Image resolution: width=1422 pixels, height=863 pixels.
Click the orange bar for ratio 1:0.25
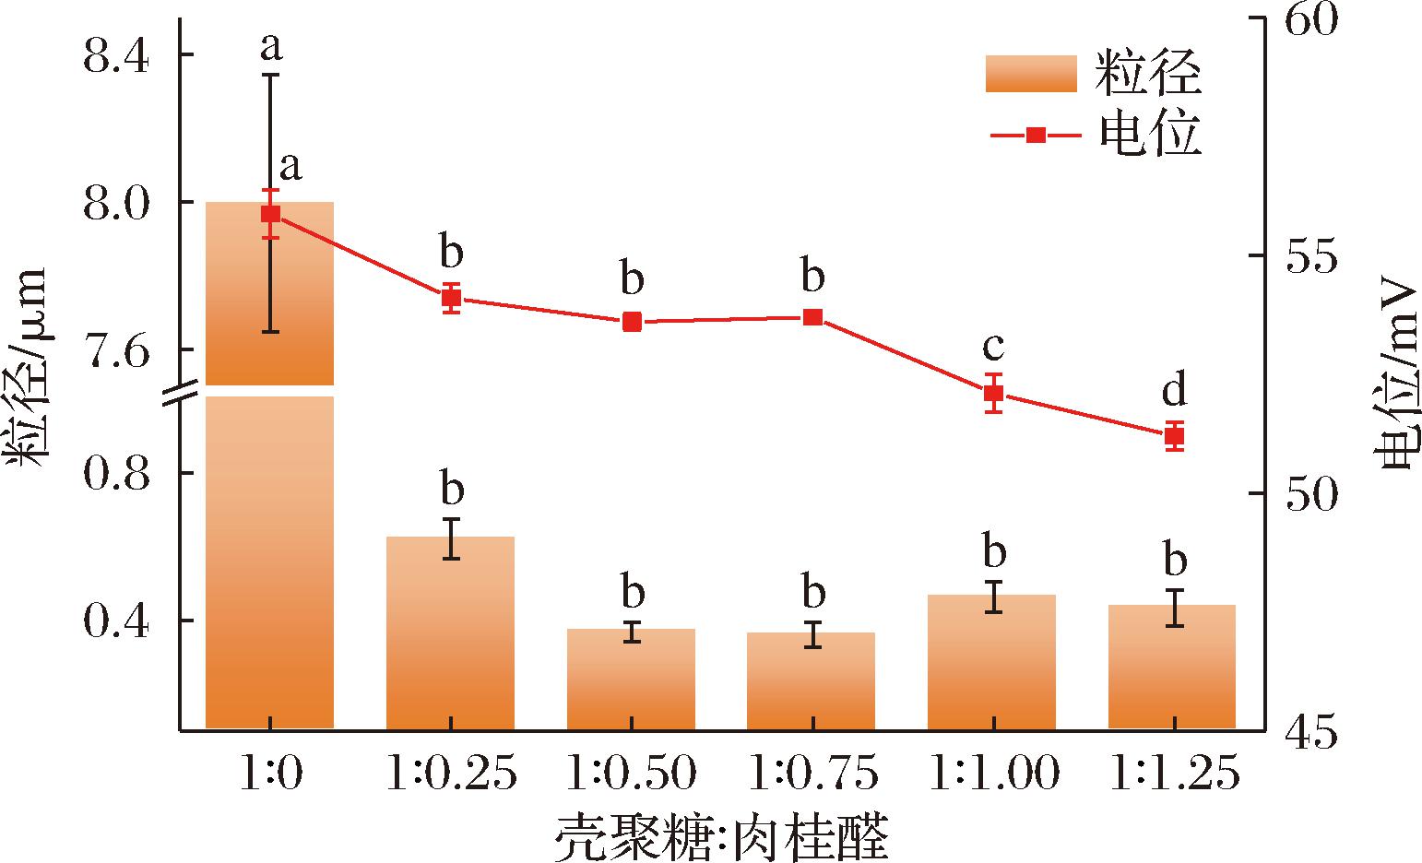tap(451, 632)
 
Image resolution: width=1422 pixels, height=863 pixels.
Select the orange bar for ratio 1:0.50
tap(631, 679)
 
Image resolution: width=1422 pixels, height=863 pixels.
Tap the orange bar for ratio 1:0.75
tap(812, 680)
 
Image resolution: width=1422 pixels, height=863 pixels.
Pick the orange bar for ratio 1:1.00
tap(991, 662)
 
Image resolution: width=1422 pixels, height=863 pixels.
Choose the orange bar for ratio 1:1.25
tap(1172, 667)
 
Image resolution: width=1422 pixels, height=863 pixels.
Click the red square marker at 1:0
tap(271, 214)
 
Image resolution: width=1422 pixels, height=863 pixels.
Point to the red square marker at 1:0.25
tap(451, 298)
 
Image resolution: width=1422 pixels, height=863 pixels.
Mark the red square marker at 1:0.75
tap(813, 317)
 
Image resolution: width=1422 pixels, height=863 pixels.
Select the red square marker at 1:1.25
tap(1175, 436)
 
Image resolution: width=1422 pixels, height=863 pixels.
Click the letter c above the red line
tap(993, 347)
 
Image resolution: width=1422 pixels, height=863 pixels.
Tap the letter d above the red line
tap(1175, 388)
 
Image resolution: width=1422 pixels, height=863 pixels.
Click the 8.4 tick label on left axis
tap(115, 56)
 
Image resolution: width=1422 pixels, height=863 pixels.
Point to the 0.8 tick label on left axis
tap(115, 474)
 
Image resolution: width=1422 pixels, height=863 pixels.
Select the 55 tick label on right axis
tap(1311, 256)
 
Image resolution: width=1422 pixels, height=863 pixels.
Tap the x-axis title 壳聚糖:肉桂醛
tap(722, 837)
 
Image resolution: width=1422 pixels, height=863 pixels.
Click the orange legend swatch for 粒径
tap(1032, 74)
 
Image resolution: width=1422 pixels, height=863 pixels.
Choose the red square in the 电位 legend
tap(1036, 136)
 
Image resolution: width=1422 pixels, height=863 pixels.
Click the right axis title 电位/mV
tap(1399, 382)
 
